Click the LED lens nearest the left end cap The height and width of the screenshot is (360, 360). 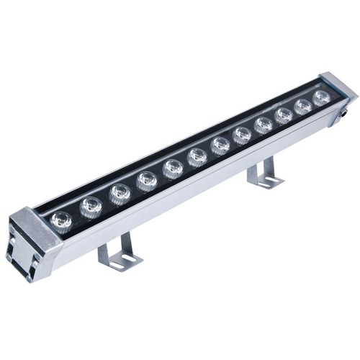(x=62, y=220)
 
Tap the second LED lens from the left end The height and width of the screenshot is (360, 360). (x=91, y=207)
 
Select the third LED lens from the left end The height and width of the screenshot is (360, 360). (x=120, y=194)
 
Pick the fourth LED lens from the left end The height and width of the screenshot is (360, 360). (x=147, y=180)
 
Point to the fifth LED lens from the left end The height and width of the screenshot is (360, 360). (x=173, y=168)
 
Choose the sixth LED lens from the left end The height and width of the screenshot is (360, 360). (x=197, y=156)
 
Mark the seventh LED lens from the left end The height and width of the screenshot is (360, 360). (x=220, y=145)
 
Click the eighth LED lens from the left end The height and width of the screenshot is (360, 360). (x=242, y=134)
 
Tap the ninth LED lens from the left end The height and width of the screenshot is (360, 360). (x=264, y=124)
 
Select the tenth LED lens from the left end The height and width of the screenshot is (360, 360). (x=284, y=114)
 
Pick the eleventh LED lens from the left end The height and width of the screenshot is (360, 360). (x=303, y=105)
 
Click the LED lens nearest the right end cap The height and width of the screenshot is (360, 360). (x=321, y=96)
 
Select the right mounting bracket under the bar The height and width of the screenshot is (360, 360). (x=264, y=174)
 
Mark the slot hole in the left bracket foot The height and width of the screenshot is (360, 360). (x=128, y=258)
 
